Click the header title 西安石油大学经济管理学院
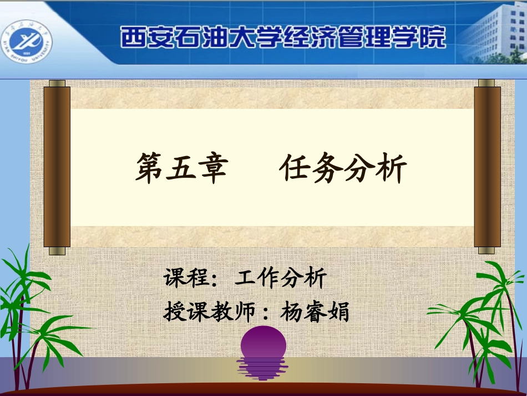[x=283, y=38]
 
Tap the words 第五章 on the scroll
[x=182, y=168]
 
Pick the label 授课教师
[x=209, y=312]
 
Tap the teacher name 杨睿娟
[x=315, y=312]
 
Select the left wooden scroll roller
[x=57, y=167]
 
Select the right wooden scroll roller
[x=487, y=167]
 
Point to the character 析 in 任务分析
[x=392, y=168]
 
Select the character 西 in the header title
[x=132, y=38]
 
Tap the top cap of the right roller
[x=487, y=83]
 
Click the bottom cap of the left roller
[x=57, y=251]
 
